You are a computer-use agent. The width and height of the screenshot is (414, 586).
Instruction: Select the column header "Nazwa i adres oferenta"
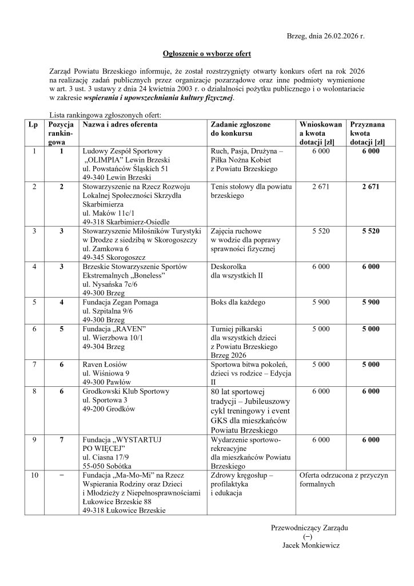[120, 124]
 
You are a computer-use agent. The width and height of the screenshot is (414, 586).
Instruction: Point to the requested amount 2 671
[321, 187]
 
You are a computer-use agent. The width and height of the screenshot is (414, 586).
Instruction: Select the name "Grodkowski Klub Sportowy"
[126, 391]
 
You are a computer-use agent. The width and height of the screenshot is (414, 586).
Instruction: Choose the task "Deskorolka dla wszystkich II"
[237, 271]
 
